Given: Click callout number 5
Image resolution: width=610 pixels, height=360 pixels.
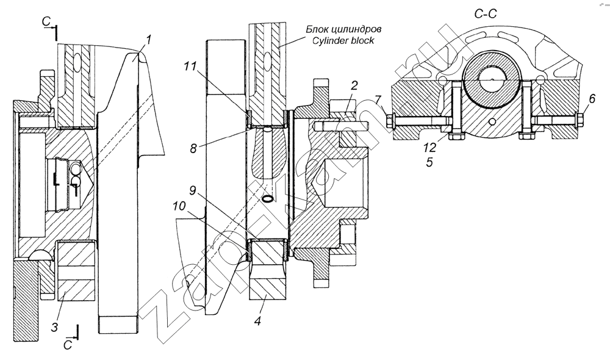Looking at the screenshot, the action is coord(429,162).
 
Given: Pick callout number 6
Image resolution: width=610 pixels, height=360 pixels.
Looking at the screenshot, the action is coord(592,99).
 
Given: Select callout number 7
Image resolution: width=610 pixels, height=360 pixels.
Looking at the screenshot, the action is coord(378,99).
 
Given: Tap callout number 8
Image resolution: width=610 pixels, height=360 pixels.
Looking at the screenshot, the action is coord(193,149).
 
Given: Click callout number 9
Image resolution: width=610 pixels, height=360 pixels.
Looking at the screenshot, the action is coord(193,191).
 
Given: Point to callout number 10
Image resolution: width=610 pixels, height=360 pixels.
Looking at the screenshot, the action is coord(179,207).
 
